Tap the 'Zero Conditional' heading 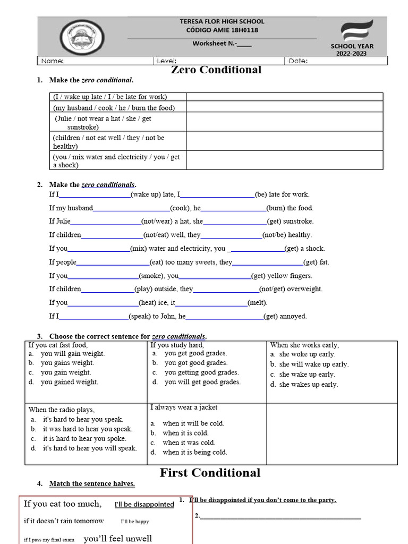[216, 70]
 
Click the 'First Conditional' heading [210, 473]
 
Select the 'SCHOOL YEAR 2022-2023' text [352, 50]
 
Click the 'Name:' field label [53, 61]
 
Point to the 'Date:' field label [298, 61]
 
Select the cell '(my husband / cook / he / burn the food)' [114, 107]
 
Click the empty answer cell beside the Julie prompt [284, 122]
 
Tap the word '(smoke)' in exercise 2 [152, 276]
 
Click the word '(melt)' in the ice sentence [258, 303]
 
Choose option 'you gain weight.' [66, 372]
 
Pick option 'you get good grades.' [195, 353]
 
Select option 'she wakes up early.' [308, 385]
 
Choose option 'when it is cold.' [185, 433]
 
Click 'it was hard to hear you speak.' [88, 429]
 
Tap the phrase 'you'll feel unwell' [118, 538]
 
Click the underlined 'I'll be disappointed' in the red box [144, 504]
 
